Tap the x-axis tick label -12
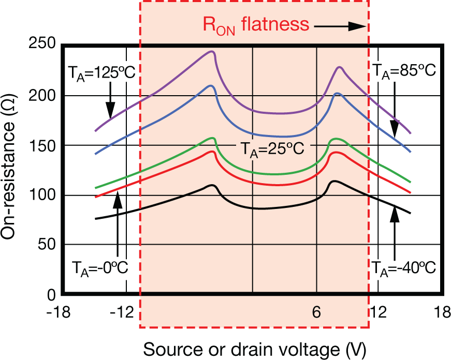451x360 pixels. (x=124, y=313)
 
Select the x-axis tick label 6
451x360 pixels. (x=316, y=313)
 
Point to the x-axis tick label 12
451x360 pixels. (x=379, y=313)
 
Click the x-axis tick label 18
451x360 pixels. (x=442, y=313)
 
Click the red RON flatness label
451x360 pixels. (x=256, y=25)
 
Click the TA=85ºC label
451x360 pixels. (x=404, y=72)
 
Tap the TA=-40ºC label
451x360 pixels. (x=404, y=268)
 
